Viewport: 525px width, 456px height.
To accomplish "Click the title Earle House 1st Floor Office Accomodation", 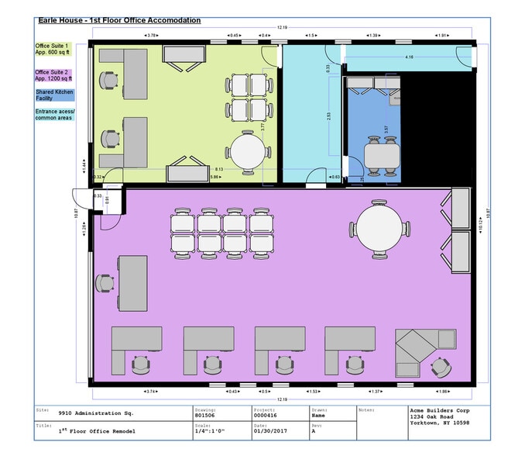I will point(120,20).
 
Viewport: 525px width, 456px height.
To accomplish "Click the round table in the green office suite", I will point(248,151).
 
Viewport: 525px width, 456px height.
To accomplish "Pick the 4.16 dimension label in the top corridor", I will point(408,57).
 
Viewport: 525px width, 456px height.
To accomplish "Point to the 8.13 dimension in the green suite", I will point(221,168).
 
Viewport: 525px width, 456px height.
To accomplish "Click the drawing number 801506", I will point(204,415).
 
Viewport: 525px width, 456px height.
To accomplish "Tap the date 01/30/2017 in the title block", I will point(269,431).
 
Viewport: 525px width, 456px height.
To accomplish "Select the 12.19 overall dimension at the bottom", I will point(282,399).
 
